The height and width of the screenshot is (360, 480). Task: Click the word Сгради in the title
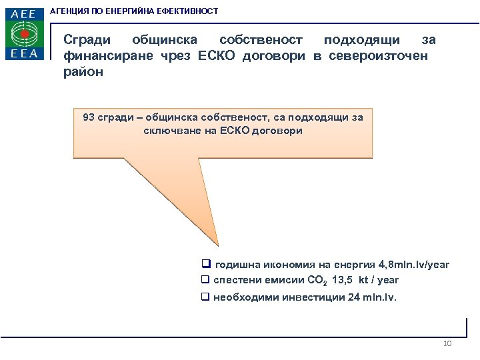point(87,41)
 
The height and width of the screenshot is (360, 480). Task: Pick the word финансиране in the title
point(107,56)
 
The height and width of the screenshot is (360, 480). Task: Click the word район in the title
point(83,72)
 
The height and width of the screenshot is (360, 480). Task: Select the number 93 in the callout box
point(89,117)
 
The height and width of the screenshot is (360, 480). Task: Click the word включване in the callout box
point(171,131)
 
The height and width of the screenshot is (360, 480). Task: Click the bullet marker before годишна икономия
point(206,265)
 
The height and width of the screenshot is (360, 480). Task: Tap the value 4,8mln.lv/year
point(411,265)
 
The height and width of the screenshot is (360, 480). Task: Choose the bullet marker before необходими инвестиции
point(206,297)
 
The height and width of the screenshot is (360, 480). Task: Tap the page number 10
point(447,344)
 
